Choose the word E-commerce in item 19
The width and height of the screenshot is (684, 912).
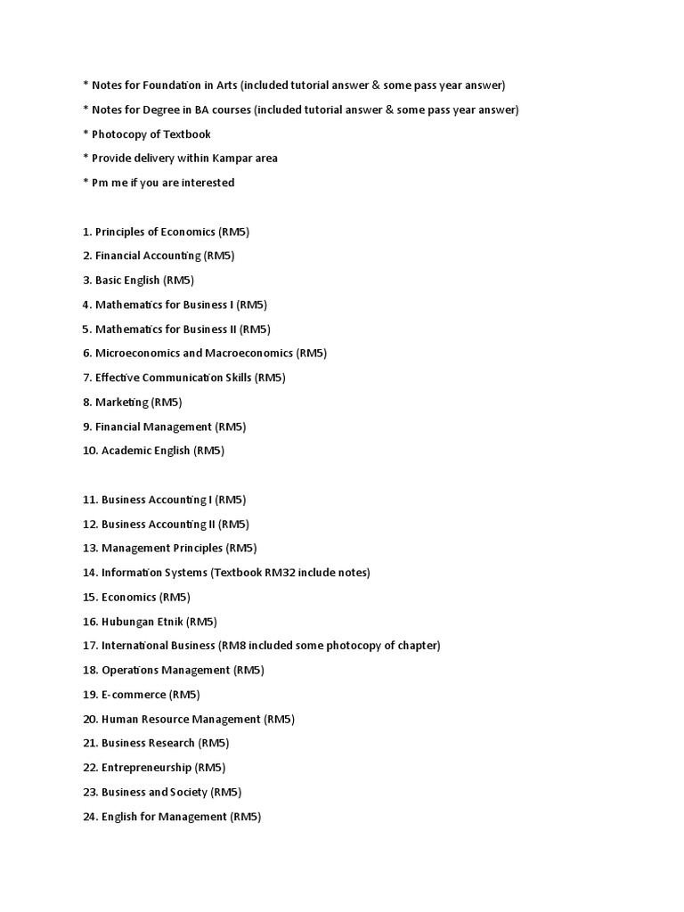click(x=134, y=695)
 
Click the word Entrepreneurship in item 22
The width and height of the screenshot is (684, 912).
click(x=146, y=768)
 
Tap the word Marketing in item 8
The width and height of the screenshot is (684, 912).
click(x=122, y=402)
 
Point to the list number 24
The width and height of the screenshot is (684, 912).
click(x=89, y=817)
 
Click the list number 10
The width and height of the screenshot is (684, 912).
click(x=89, y=451)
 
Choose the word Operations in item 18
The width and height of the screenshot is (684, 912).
click(x=129, y=671)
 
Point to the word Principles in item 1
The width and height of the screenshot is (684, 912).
click(x=122, y=232)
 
